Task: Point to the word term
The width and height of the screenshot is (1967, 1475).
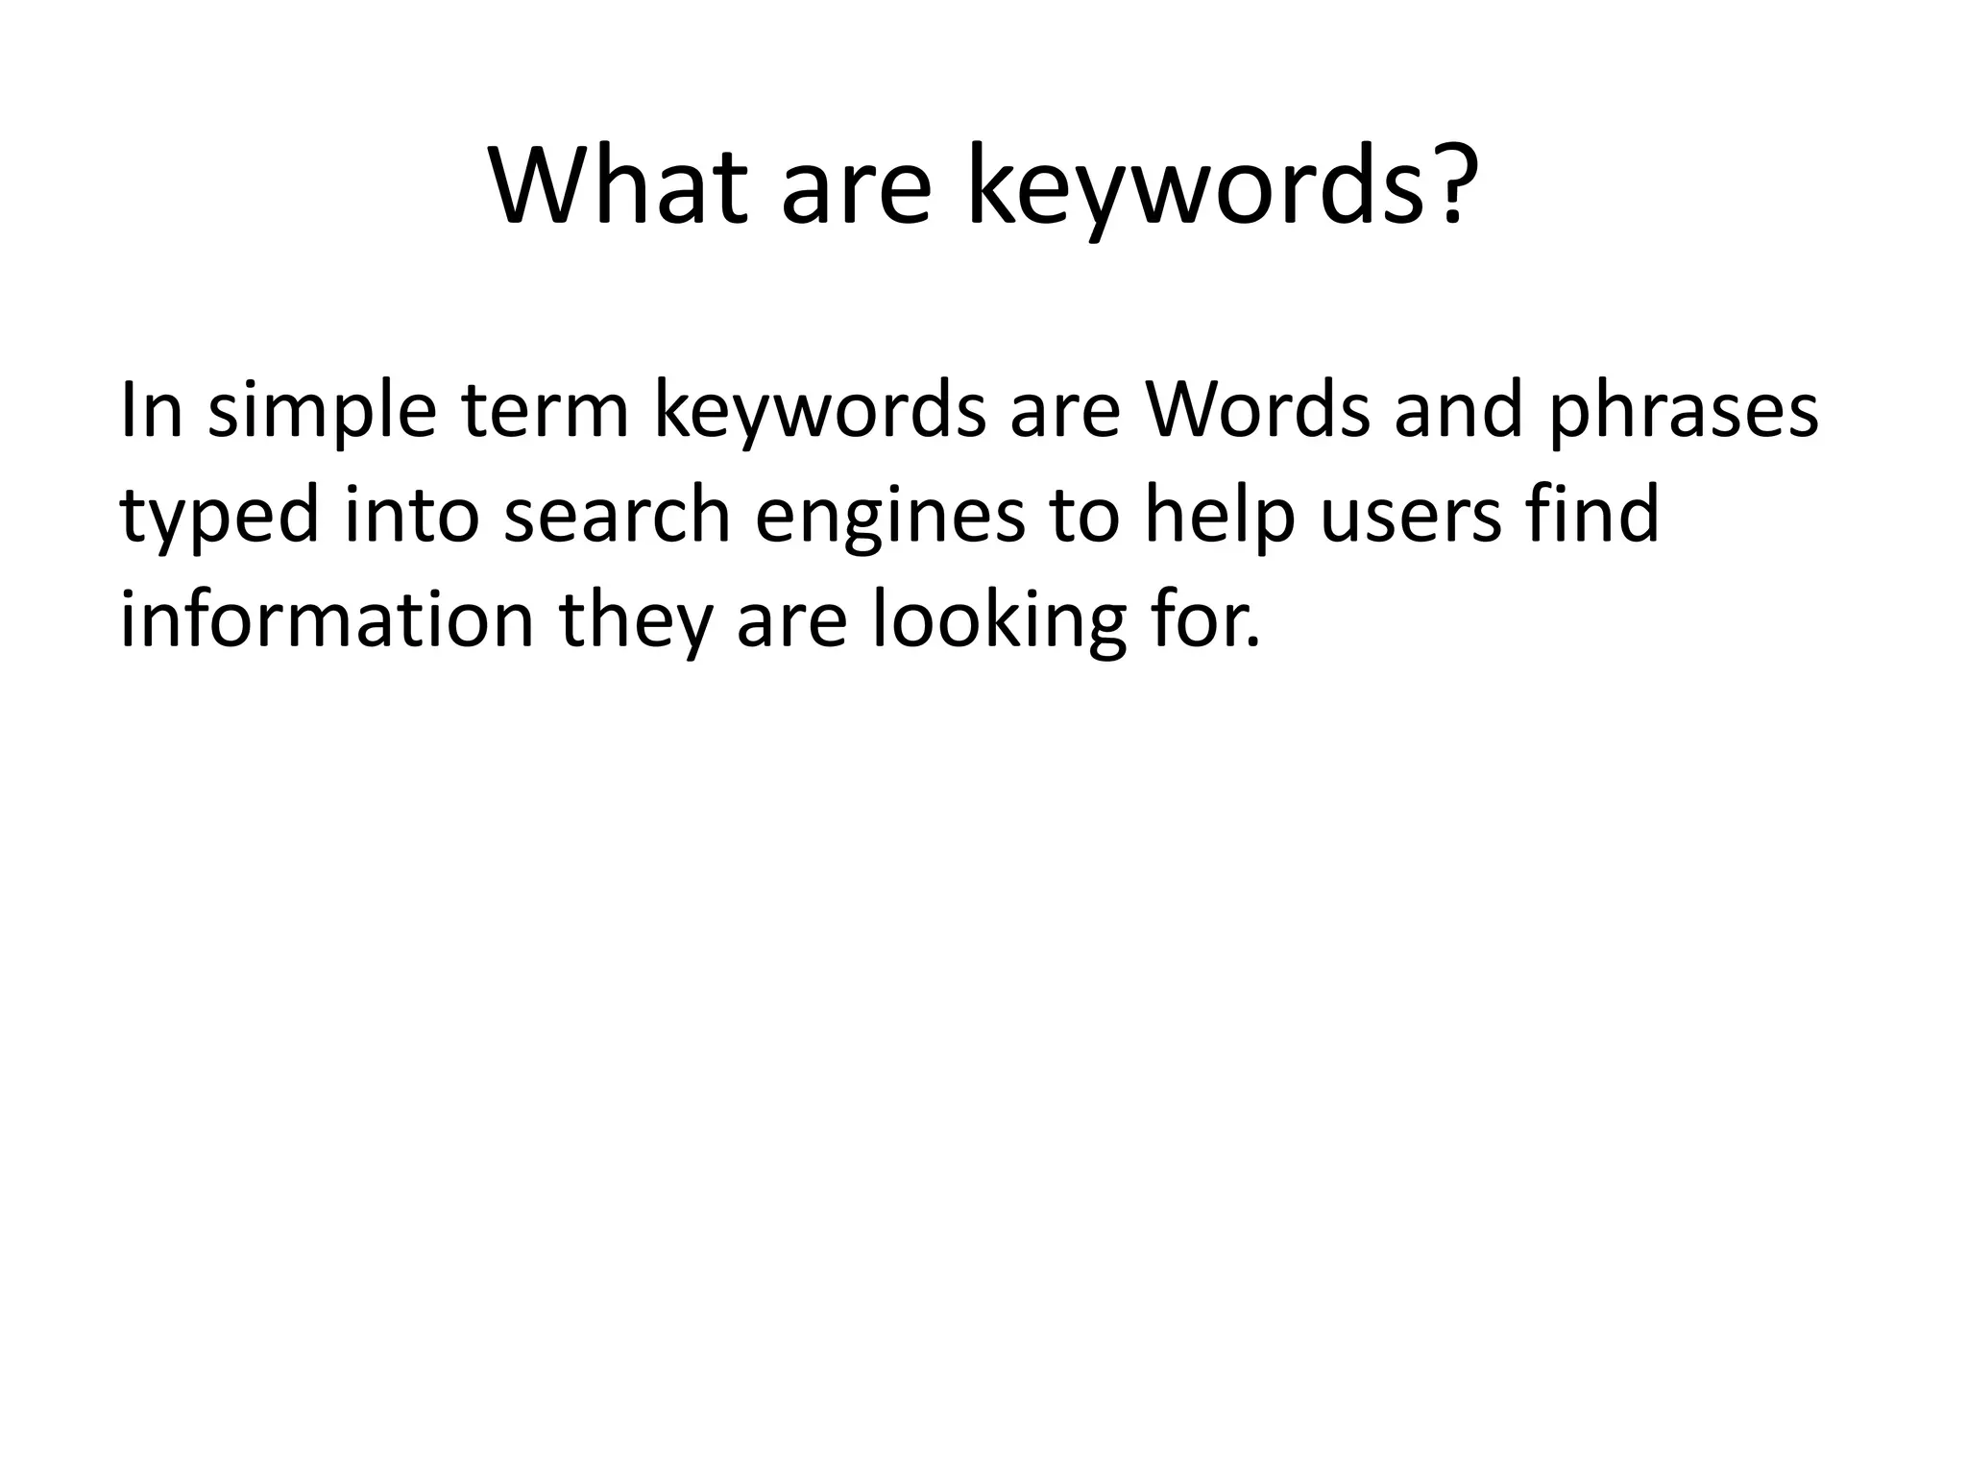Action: [545, 410]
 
